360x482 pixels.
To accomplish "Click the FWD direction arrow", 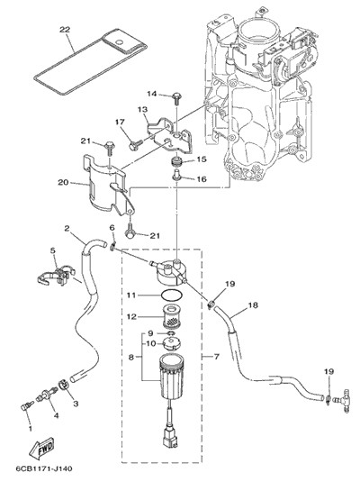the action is point(41,447).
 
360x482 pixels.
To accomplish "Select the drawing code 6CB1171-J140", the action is point(44,469).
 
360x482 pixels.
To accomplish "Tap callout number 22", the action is point(65,30).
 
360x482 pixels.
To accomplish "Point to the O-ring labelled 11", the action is point(171,296).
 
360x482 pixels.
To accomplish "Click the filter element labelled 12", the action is point(171,316).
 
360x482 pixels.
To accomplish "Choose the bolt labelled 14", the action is point(177,98).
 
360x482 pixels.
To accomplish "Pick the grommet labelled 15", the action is point(176,161).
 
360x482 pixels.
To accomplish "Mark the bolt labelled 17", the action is point(135,144).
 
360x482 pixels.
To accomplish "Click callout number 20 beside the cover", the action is point(63,182).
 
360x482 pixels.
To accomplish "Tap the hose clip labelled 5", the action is point(57,276).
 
